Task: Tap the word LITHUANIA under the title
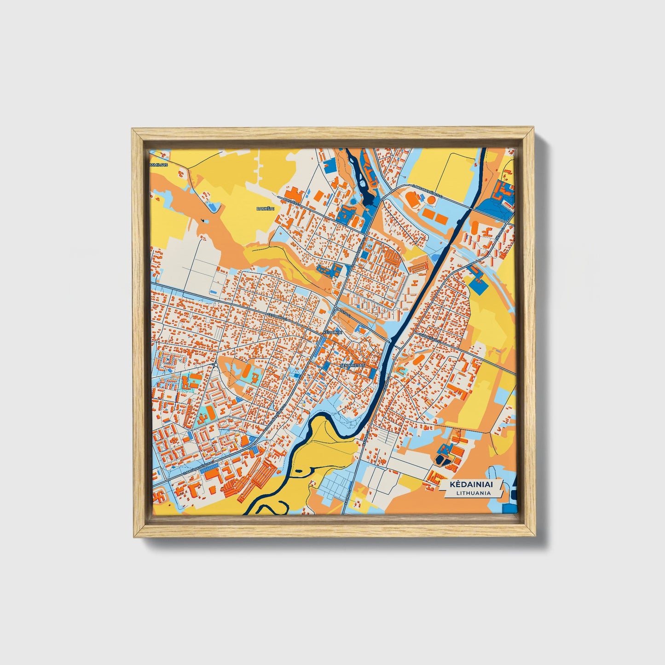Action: click(x=474, y=493)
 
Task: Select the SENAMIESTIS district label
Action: click(x=352, y=365)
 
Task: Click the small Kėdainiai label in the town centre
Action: click(x=333, y=331)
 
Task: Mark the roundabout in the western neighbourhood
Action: click(x=216, y=366)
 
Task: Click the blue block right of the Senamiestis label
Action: click(x=372, y=363)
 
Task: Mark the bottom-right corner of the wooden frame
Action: click(x=535, y=537)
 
